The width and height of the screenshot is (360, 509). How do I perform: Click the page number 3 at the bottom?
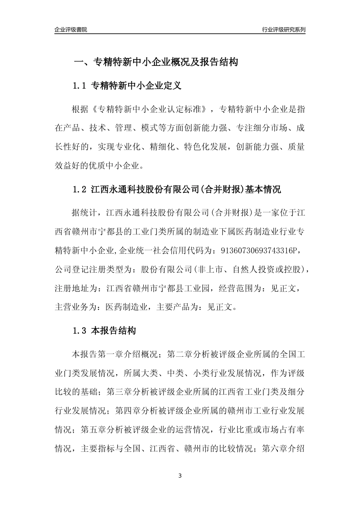[x=180, y=476]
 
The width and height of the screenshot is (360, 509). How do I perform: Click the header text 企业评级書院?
[x=71, y=30]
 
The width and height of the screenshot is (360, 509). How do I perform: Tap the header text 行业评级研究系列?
[x=283, y=30]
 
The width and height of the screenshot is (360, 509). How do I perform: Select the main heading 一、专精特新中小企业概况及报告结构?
[x=155, y=62]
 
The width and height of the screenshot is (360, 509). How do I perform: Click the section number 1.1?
[x=80, y=86]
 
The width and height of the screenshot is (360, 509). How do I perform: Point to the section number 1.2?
[x=80, y=189]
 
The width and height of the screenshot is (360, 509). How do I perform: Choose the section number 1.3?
[x=80, y=331]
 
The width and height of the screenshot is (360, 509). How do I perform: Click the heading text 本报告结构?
[x=113, y=331]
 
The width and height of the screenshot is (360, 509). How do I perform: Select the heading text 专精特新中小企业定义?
[x=136, y=86]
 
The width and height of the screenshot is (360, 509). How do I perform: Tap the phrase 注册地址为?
[x=76, y=288]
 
